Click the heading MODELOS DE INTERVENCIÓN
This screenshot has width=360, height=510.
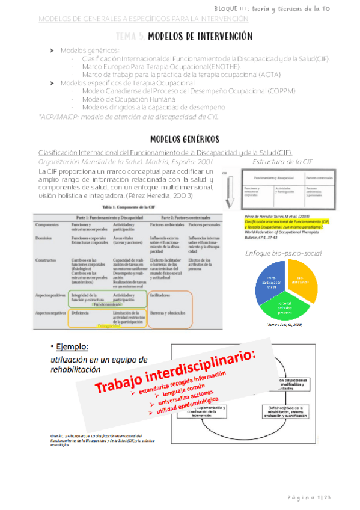click(199, 37)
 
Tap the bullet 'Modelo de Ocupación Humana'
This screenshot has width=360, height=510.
click(125, 98)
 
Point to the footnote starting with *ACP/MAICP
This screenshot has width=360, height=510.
click(129, 117)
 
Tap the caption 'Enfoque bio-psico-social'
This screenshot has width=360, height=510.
click(284, 253)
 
